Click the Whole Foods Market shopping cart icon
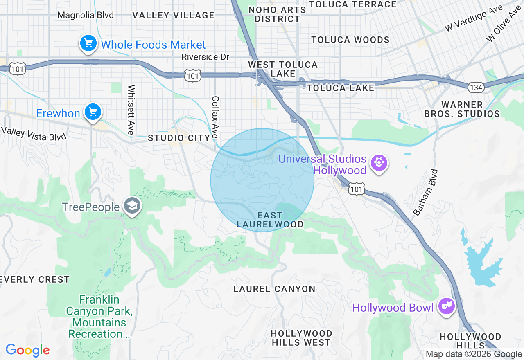88,43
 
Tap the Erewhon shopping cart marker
93,112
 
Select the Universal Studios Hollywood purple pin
379,163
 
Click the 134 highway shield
476,87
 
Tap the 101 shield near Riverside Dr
192,75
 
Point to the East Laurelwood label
270,220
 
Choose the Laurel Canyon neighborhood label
274,289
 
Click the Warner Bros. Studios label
462,109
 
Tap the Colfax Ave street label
215,117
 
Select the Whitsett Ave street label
131,110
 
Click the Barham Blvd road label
426,192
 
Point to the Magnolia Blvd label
86,15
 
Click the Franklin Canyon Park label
99,317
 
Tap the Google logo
27,350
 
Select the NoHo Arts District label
277,14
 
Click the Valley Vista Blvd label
34,134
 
